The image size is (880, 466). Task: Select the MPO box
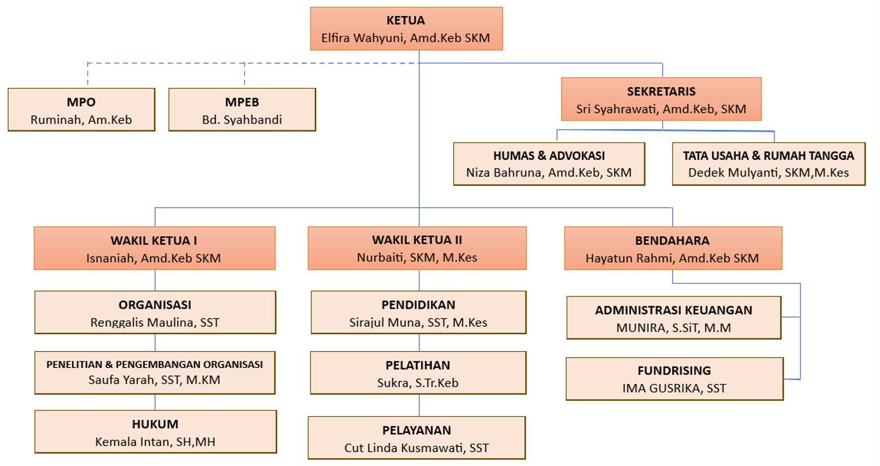81,110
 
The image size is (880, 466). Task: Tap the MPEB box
242,110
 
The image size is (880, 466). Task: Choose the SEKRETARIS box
661,99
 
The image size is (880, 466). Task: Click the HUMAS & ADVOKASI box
549,164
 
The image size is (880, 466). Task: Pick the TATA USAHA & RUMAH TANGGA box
768,164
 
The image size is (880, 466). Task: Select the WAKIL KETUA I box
154,248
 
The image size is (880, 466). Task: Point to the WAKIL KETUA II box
417,248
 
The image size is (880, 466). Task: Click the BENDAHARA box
673,248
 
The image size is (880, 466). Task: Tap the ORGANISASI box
155,312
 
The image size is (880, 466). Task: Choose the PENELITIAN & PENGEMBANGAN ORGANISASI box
154,373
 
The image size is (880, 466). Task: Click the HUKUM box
155,432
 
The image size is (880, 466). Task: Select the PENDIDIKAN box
418,312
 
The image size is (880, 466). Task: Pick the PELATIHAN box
418,373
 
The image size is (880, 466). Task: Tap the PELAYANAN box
416,438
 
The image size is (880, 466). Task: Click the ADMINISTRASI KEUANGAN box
674,317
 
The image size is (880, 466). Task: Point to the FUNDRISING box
674,379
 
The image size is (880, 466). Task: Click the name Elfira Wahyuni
364,38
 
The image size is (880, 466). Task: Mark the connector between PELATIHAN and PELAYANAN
419,405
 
